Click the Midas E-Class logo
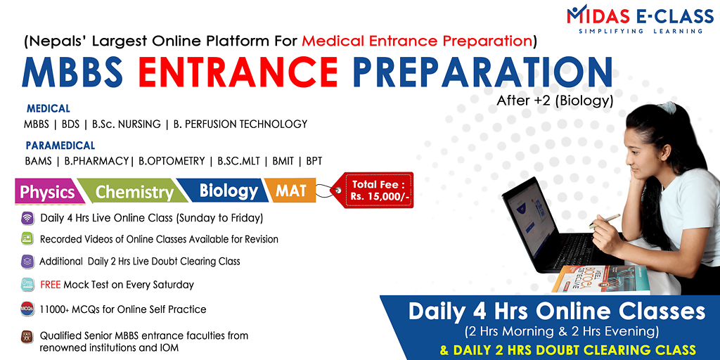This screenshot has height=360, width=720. tap(640, 18)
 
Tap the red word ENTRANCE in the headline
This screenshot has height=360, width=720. tap(238, 72)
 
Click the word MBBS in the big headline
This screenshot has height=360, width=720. tap(72, 72)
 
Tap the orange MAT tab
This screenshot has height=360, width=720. tap(291, 190)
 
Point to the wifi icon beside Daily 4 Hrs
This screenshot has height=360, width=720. tap(27, 218)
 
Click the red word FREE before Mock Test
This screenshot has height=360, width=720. tap(51, 285)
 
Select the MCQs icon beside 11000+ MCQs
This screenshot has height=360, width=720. tap(27, 309)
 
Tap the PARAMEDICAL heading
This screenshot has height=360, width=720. tap(60, 146)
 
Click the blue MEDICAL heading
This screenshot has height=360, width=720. tap(49, 109)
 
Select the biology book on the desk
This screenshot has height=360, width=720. tap(602, 280)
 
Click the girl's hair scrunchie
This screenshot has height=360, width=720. tap(667, 108)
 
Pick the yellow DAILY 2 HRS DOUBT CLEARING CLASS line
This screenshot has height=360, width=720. tap(567, 350)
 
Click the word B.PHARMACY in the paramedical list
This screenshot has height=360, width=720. tap(96, 161)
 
